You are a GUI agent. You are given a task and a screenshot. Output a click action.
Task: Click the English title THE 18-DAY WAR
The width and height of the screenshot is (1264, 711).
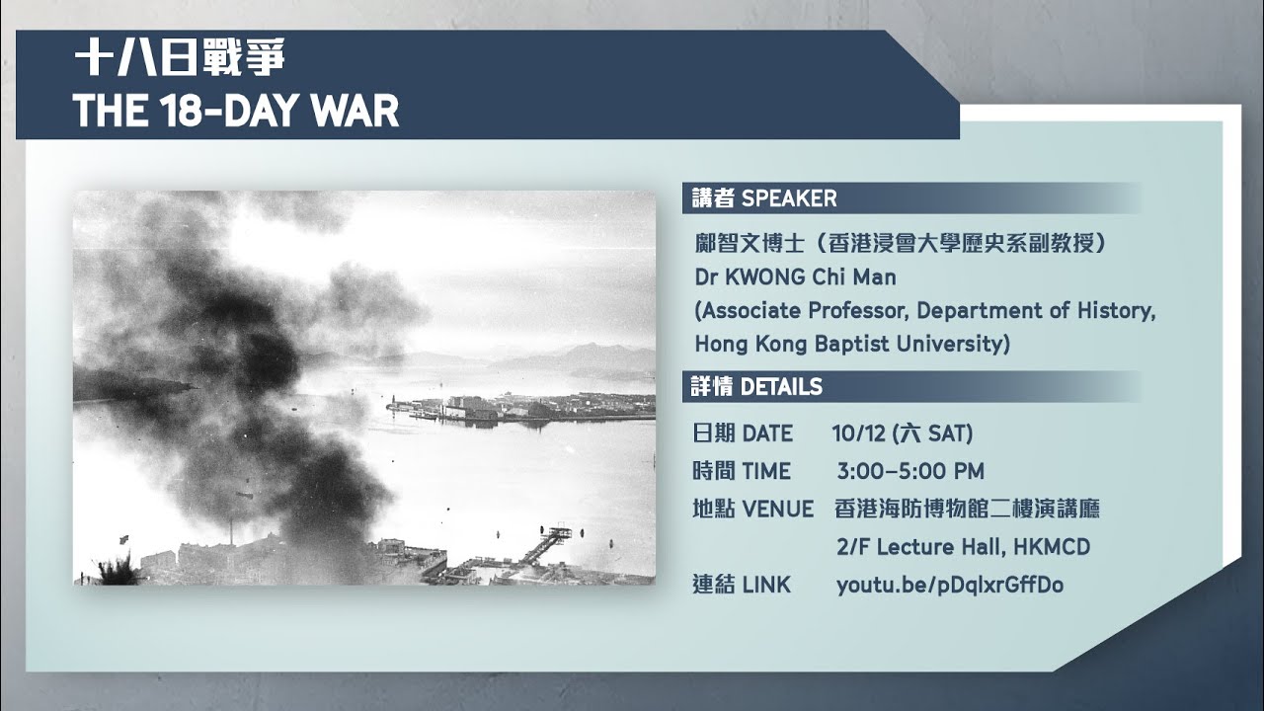pyautogui.click(x=236, y=112)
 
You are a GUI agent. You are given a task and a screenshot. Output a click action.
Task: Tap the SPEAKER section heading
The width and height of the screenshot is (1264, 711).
pyautogui.click(x=764, y=198)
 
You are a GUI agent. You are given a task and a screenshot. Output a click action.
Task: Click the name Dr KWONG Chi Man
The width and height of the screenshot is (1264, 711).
pyautogui.click(x=795, y=277)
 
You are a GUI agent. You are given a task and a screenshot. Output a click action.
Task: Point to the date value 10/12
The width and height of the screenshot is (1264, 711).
pyautogui.click(x=858, y=434)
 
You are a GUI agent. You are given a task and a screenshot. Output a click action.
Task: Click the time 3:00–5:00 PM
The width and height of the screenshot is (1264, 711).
pyautogui.click(x=909, y=471)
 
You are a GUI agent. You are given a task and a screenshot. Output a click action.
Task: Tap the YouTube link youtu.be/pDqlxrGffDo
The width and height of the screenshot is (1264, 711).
pyautogui.click(x=949, y=585)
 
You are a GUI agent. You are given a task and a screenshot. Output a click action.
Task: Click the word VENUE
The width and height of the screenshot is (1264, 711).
pyautogui.click(x=777, y=510)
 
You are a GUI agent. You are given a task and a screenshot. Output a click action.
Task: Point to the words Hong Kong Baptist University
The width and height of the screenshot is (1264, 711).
pyautogui.click(x=852, y=344)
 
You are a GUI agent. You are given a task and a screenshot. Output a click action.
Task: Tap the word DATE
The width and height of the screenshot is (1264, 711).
pyautogui.click(x=767, y=434)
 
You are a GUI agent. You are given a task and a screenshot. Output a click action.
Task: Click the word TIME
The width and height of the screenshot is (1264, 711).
pyautogui.click(x=766, y=471)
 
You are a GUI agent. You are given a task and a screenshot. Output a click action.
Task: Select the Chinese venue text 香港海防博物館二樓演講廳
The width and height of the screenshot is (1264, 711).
pyautogui.click(x=967, y=510)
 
